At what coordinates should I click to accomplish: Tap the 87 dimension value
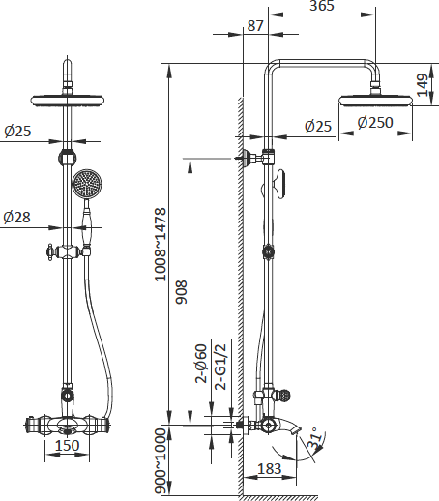point(255,26)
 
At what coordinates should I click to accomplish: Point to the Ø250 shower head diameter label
point(374,123)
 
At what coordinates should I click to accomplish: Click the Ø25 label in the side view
point(318,125)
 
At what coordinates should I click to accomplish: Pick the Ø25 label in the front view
point(17,131)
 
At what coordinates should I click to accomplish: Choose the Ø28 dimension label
point(17,218)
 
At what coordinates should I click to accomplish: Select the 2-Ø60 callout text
point(201,365)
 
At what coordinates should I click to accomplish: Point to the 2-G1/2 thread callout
point(219,365)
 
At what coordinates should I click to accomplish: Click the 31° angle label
point(316,443)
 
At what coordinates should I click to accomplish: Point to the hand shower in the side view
point(278,181)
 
